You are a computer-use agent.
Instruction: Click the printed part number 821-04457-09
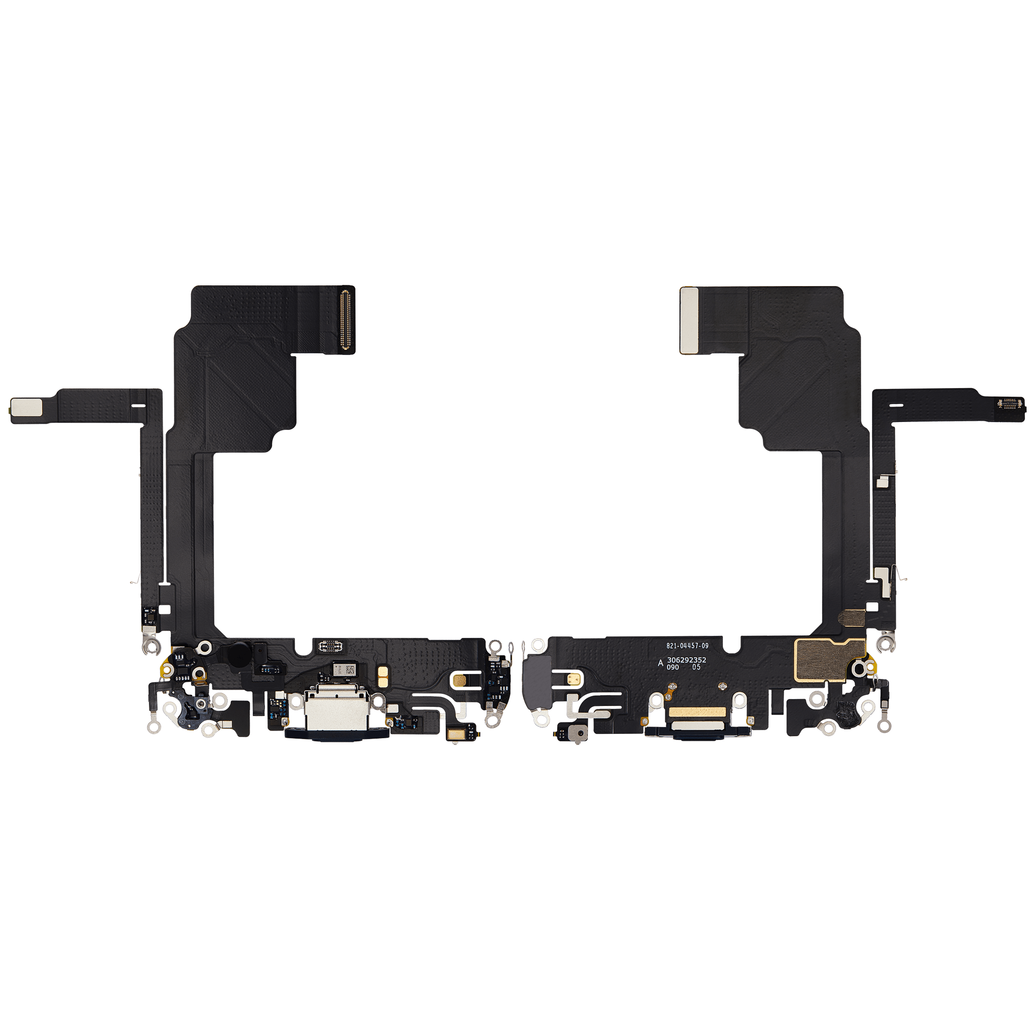tap(687, 646)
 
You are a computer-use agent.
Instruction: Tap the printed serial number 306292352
tap(686, 660)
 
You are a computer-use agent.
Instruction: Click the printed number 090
tap(672, 667)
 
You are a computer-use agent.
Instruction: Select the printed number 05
tap(696, 667)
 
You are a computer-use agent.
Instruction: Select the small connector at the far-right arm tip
tap(1011, 405)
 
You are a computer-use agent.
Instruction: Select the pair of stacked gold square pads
tap(383, 677)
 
